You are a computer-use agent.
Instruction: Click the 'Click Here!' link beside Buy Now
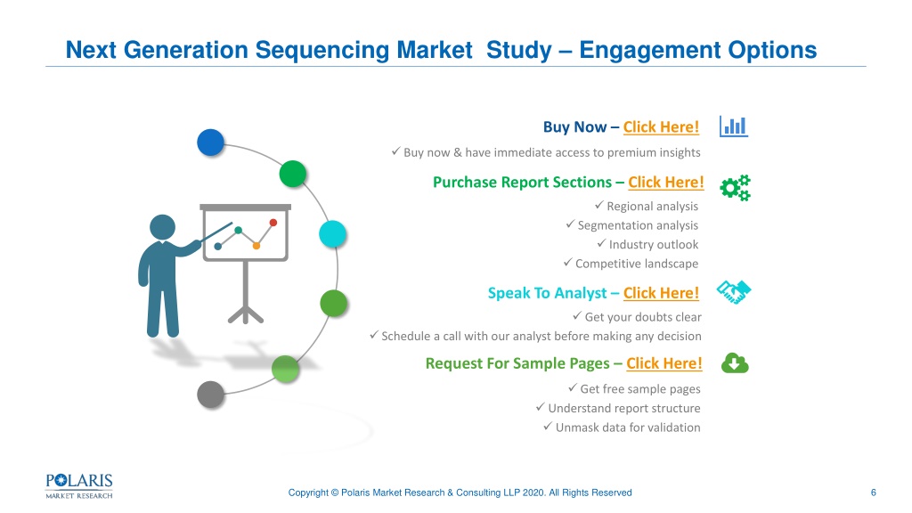661,126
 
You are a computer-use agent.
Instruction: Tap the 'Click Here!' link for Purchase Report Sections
666,182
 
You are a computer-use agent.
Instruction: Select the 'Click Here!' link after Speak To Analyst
662,293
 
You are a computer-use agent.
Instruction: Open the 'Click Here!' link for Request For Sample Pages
664,363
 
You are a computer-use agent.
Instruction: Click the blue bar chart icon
734,126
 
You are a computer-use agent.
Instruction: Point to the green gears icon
735,188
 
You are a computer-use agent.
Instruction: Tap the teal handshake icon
734,292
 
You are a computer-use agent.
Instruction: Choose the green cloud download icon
735,363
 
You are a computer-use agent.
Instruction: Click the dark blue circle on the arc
210,142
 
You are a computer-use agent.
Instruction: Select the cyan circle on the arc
333,234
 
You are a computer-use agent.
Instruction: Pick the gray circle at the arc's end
210,395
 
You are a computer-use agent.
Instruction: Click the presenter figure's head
162,227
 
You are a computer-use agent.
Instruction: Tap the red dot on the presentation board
273,222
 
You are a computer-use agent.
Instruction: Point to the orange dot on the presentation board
256,246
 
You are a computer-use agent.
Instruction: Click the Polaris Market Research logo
79,486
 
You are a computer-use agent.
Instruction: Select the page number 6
873,493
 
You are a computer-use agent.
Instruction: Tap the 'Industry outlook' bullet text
654,244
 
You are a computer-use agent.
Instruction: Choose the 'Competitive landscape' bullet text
637,264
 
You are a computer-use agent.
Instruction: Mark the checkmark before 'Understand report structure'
541,407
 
